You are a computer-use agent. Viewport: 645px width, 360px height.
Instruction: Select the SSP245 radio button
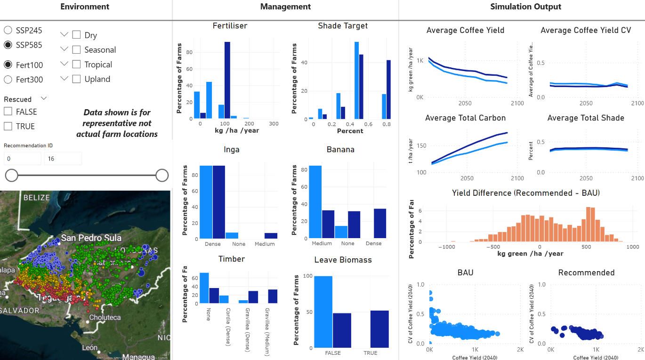[8, 31]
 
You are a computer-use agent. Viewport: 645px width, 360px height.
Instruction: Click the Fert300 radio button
[8, 80]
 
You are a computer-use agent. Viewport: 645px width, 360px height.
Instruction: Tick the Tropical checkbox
[76, 64]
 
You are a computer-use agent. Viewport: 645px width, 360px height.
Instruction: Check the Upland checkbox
[76, 79]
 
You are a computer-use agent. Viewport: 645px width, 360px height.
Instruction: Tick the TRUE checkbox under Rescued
[8, 126]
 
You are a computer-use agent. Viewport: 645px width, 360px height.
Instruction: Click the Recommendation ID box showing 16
[63, 159]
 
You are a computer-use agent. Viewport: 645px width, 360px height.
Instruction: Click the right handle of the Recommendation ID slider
[162, 176]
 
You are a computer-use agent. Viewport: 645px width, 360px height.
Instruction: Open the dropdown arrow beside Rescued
[44, 99]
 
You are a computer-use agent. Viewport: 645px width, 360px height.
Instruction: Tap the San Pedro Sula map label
[91, 238]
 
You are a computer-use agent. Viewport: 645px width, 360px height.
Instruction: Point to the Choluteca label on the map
[105, 317]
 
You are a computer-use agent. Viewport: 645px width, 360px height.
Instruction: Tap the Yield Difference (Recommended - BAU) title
[525, 193]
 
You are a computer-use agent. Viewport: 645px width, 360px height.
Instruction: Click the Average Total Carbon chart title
[465, 118]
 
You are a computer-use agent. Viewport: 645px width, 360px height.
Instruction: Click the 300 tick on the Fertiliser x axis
[274, 124]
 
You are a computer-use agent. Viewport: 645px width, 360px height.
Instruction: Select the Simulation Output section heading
[525, 7]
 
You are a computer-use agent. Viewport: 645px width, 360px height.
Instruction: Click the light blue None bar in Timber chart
[204, 288]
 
